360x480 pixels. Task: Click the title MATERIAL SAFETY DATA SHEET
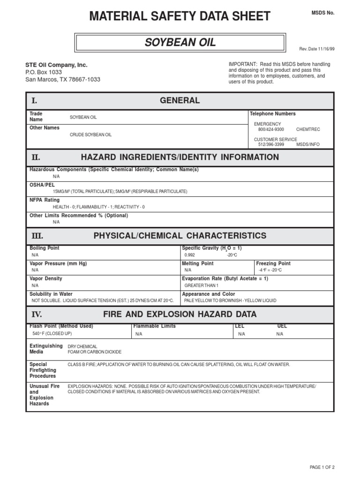pyautogui.click(x=180, y=16)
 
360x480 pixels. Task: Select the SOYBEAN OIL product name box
pyautogui.click(x=180, y=43)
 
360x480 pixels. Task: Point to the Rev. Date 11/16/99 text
pyautogui.click(x=316, y=48)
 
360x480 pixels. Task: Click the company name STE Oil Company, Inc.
pyautogui.click(x=56, y=65)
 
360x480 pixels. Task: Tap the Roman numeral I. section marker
pyautogui.click(x=34, y=101)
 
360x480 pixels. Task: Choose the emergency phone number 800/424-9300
pyautogui.click(x=271, y=129)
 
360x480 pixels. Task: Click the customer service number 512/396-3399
pyautogui.click(x=271, y=144)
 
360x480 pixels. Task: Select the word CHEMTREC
pyautogui.click(x=308, y=129)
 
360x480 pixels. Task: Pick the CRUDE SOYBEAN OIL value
pyautogui.click(x=91, y=135)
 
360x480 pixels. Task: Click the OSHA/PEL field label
pyautogui.click(x=43, y=185)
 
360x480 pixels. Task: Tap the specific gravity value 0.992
pyautogui.click(x=189, y=255)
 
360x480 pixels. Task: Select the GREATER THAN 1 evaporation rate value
pyautogui.click(x=202, y=285)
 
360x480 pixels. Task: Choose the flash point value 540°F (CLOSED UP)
pyautogui.click(x=52, y=333)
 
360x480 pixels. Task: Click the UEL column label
pyautogui.click(x=282, y=326)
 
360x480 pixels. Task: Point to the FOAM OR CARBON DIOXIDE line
pyautogui.click(x=95, y=352)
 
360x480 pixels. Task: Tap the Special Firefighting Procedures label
pyautogui.click(x=43, y=370)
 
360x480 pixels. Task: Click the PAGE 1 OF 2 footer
pyautogui.click(x=322, y=467)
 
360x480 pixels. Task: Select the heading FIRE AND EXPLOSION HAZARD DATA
pyautogui.click(x=180, y=314)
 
